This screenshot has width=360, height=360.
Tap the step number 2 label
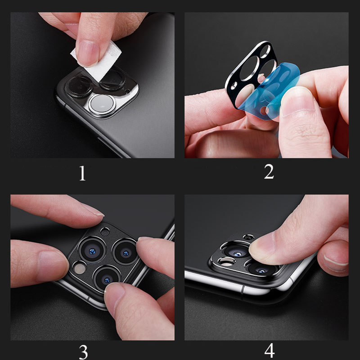tap(269, 172)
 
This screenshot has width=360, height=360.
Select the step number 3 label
tap(82, 350)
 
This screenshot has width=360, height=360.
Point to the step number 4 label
tap(270, 350)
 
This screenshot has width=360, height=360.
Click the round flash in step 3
tap(80, 268)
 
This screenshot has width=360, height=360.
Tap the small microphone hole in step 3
tap(104, 232)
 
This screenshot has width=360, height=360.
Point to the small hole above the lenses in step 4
tap(248, 237)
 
